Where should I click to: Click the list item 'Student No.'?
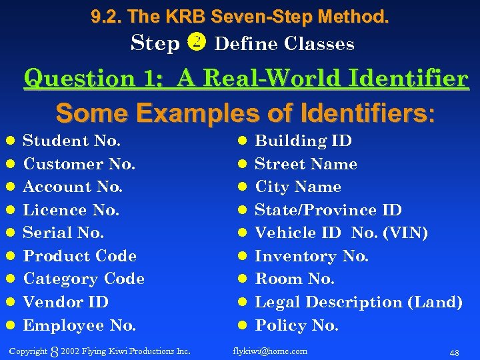point(71,141)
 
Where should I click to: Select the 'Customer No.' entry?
point(79,164)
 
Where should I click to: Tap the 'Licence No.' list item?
point(71,210)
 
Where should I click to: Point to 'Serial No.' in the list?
point(63,233)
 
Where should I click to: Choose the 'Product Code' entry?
point(79,256)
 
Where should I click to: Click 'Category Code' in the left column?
point(83,279)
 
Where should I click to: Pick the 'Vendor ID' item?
point(65,302)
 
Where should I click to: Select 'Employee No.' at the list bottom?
point(79,325)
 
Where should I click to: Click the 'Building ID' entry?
point(303,141)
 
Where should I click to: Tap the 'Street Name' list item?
point(306,164)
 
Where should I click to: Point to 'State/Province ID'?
point(328,210)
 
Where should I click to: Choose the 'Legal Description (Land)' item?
point(359,302)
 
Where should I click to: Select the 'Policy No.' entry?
point(297,325)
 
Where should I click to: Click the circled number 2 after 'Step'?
point(197,43)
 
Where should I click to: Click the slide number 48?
point(453,351)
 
